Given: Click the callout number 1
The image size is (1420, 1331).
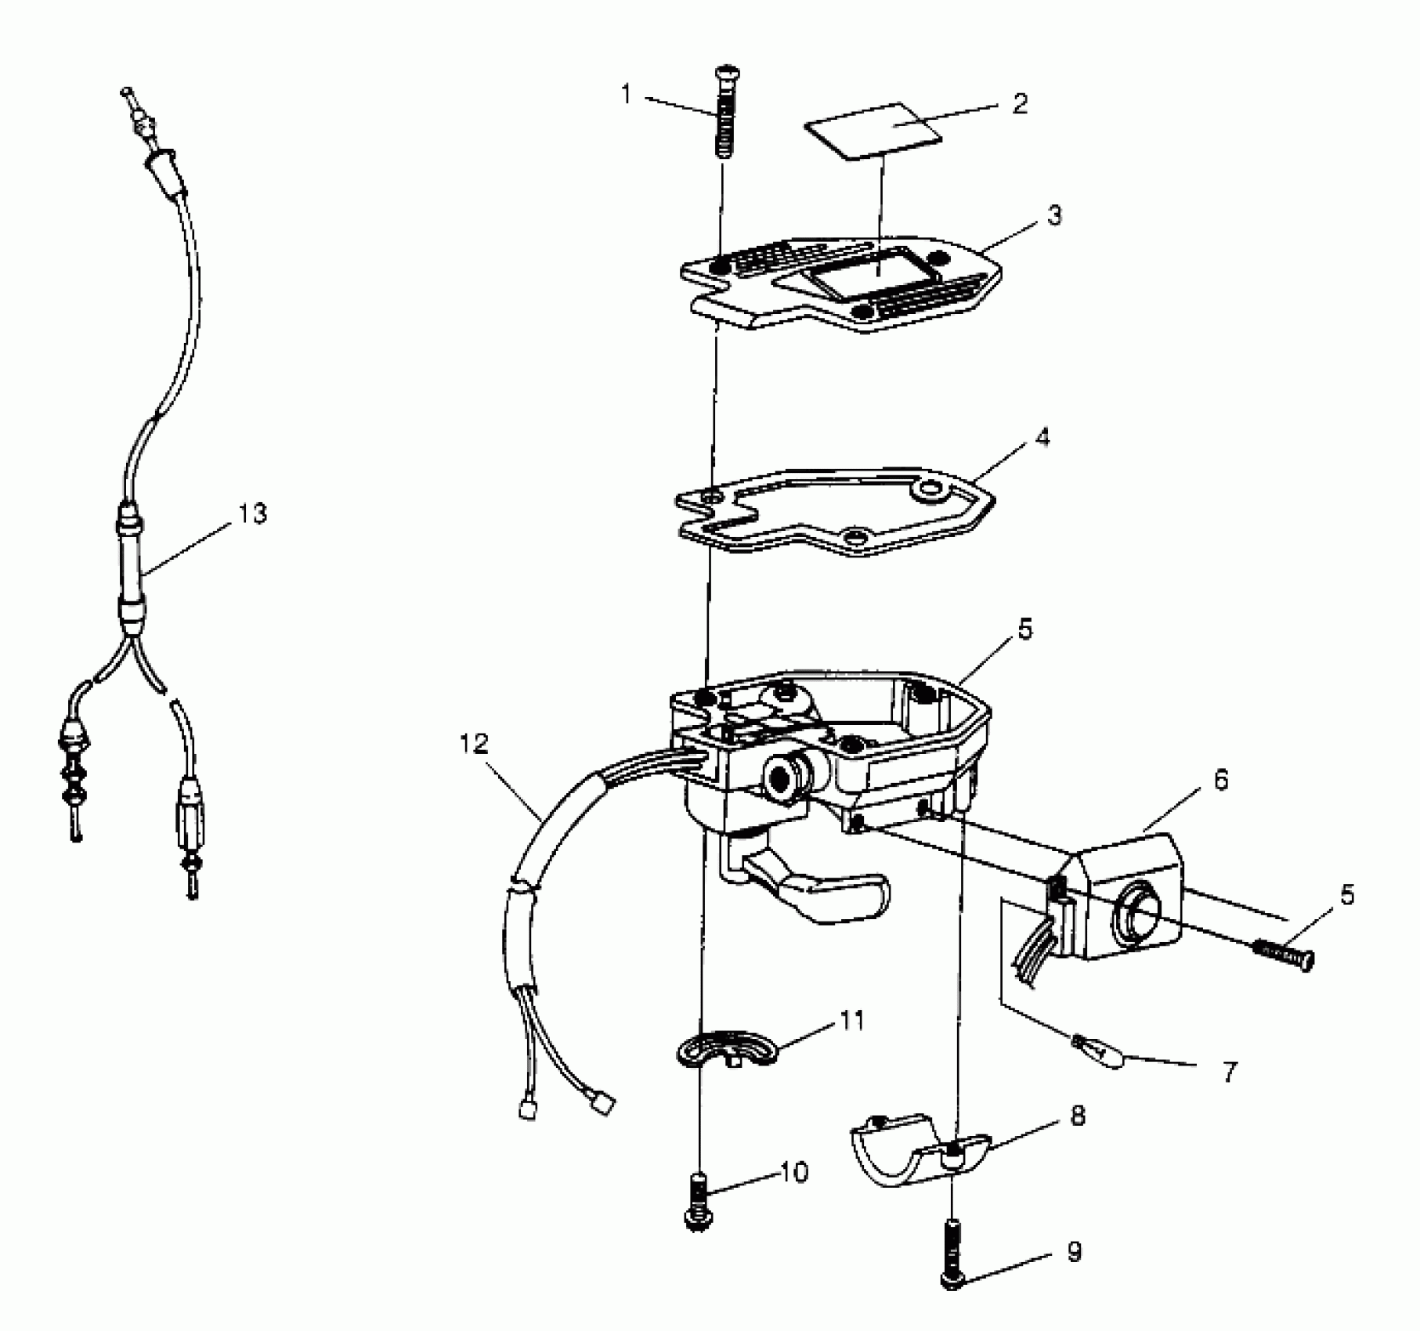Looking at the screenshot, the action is click(x=626, y=95).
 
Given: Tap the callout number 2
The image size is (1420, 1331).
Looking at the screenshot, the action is click(x=1018, y=104).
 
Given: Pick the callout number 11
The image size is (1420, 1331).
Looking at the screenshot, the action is click(x=852, y=1021).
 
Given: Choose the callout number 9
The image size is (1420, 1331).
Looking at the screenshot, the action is click(x=1075, y=1252).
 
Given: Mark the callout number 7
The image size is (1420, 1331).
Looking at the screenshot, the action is click(x=1230, y=1072).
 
